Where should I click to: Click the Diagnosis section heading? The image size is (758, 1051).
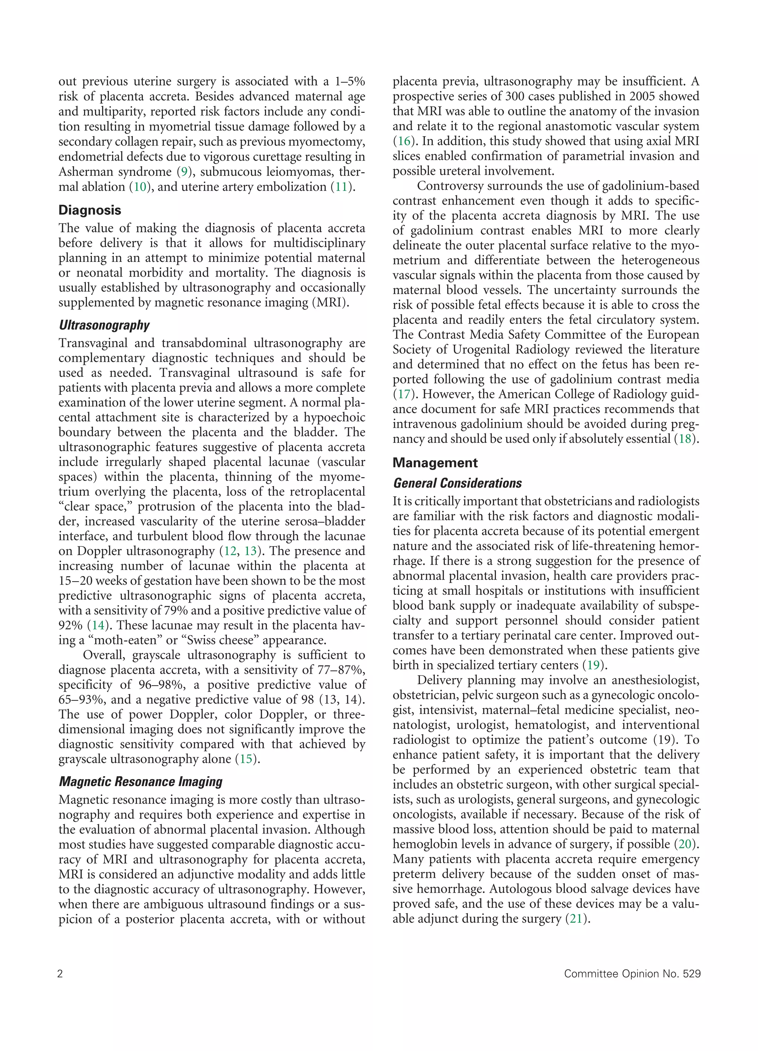pyautogui.click(x=90, y=210)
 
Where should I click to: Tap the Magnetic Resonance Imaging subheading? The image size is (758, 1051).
pyautogui.click(x=141, y=782)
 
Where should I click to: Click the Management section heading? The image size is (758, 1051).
pyautogui.click(x=435, y=463)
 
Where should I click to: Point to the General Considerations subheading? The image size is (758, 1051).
pyautogui.click(x=457, y=484)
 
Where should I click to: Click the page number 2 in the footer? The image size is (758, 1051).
pyautogui.click(x=60, y=974)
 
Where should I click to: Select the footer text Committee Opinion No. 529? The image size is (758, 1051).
pyautogui.click(x=632, y=974)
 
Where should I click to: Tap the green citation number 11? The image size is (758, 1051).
pyautogui.click(x=341, y=187)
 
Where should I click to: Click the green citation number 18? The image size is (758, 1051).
pyautogui.click(x=685, y=439)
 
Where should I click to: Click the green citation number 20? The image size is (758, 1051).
pyautogui.click(x=685, y=844)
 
